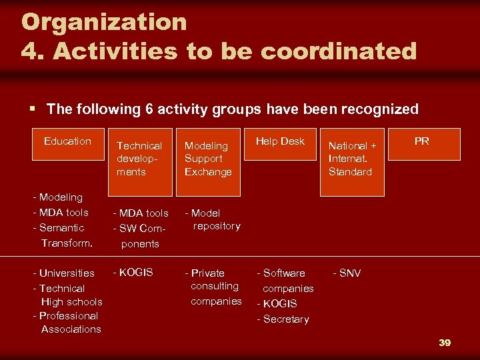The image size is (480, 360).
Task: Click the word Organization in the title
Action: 104,21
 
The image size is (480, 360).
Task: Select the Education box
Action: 67,143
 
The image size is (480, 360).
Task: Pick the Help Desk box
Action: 280,143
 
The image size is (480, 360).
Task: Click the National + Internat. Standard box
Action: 352,161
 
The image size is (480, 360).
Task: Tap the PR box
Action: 421,143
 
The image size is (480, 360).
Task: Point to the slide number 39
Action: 445,343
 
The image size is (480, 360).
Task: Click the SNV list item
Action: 347,273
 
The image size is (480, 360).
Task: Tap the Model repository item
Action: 213,219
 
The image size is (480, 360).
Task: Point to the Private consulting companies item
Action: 214,287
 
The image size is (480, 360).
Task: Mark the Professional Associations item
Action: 66,323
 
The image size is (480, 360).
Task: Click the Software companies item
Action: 285,281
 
